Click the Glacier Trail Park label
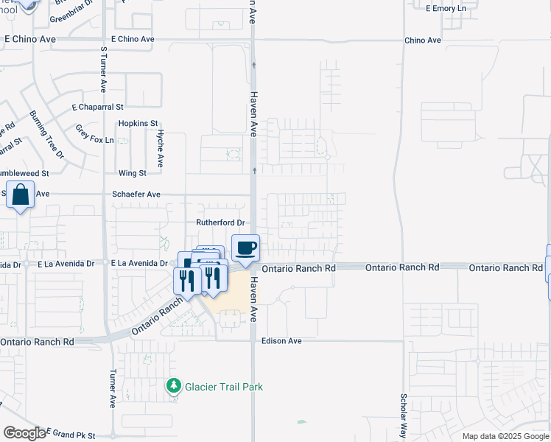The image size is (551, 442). [x=223, y=387]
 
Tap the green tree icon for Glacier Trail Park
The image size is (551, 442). [x=173, y=385]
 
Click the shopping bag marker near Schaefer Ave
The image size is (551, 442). [x=21, y=196]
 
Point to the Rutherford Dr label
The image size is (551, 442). [x=220, y=222]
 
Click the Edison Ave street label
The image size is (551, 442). [x=281, y=342]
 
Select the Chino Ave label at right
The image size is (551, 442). [x=422, y=41]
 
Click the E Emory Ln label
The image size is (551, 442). [x=446, y=8]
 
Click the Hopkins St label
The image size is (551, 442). [x=138, y=124]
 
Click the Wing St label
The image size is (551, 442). [x=133, y=173]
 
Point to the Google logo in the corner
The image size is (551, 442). [x=24, y=433]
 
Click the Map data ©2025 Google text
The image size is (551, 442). [x=505, y=436]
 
